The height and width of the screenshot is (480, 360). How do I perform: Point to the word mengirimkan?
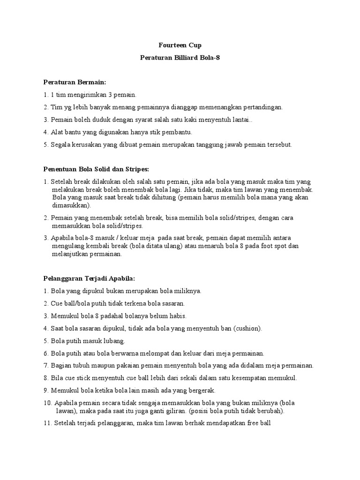click(x=82, y=95)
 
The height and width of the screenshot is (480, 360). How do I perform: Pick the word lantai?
click(x=242, y=120)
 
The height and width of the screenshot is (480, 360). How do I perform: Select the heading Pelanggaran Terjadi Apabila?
click(x=89, y=278)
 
